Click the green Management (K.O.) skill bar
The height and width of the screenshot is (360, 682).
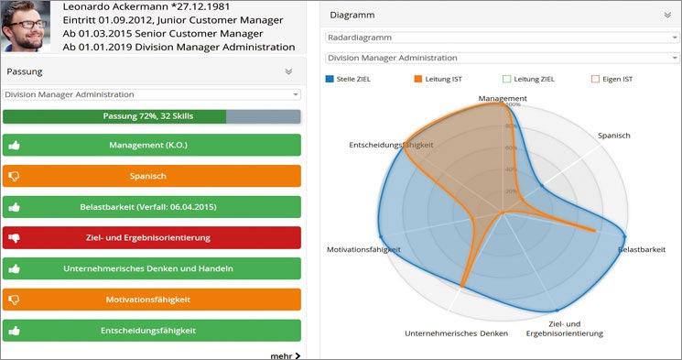click(151, 145)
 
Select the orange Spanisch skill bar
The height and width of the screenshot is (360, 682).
click(151, 176)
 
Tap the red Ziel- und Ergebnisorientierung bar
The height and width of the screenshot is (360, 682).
click(151, 238)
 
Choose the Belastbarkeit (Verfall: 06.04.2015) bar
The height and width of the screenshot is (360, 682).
click(151, 207)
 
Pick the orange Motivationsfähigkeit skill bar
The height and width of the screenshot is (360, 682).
click(151, 300)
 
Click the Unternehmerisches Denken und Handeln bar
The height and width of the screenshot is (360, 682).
click(151, 269)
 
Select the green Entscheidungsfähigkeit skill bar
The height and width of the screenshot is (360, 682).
click(151, 331)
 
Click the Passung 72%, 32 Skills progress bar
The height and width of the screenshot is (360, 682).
click(151, 117)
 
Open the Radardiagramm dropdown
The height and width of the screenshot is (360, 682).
click(503, 38)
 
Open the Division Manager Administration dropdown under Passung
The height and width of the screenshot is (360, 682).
click(151, 94)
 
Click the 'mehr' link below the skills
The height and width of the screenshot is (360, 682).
click(285, 355)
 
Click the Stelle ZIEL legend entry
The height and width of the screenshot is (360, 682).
click(348, 80)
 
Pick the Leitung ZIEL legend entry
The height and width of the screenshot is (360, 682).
click(528, 80)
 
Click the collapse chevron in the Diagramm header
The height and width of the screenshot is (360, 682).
click(666, 16)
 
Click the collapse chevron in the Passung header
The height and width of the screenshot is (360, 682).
click(288, 71)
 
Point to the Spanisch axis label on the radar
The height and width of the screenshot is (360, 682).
click(614, 136)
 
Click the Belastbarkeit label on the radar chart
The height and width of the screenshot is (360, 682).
click(641, 250)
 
